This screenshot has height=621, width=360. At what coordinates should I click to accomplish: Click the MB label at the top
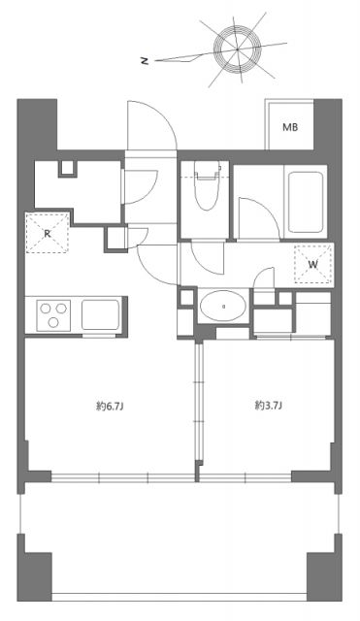(x=290, y=127)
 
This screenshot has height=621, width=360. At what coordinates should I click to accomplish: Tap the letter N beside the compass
(x=144, y=60)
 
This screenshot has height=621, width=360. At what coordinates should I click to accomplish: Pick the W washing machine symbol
(x=312, y=262)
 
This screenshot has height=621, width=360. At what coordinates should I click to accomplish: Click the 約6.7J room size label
(x=109, y=406)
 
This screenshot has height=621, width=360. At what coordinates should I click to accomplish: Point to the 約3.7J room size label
(x=267, y=406)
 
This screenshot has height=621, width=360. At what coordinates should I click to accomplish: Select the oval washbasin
(x=224, y=309)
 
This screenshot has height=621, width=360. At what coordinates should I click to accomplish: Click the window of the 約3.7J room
(x=243, y=476)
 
